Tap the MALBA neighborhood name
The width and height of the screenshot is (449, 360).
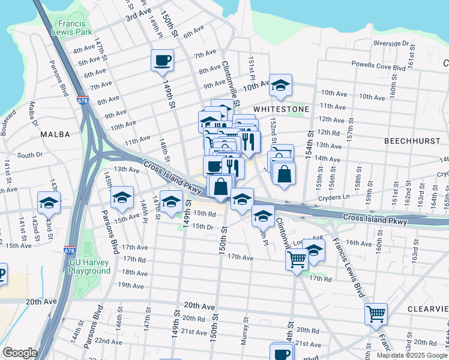[56, 135]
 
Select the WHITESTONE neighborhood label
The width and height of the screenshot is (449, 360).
[281, 109]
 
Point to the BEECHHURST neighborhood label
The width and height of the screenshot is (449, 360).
[412, 139]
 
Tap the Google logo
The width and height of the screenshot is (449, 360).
[20, 353]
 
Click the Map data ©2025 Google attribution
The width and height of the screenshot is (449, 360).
[412, 355]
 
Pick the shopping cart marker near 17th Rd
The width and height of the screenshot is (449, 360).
[297, 260]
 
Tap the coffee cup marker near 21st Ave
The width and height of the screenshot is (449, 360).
[282, 352]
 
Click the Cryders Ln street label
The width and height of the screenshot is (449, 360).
[337, 197]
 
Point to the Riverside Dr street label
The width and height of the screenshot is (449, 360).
[390, 44]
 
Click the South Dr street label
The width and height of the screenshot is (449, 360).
[30, 155]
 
